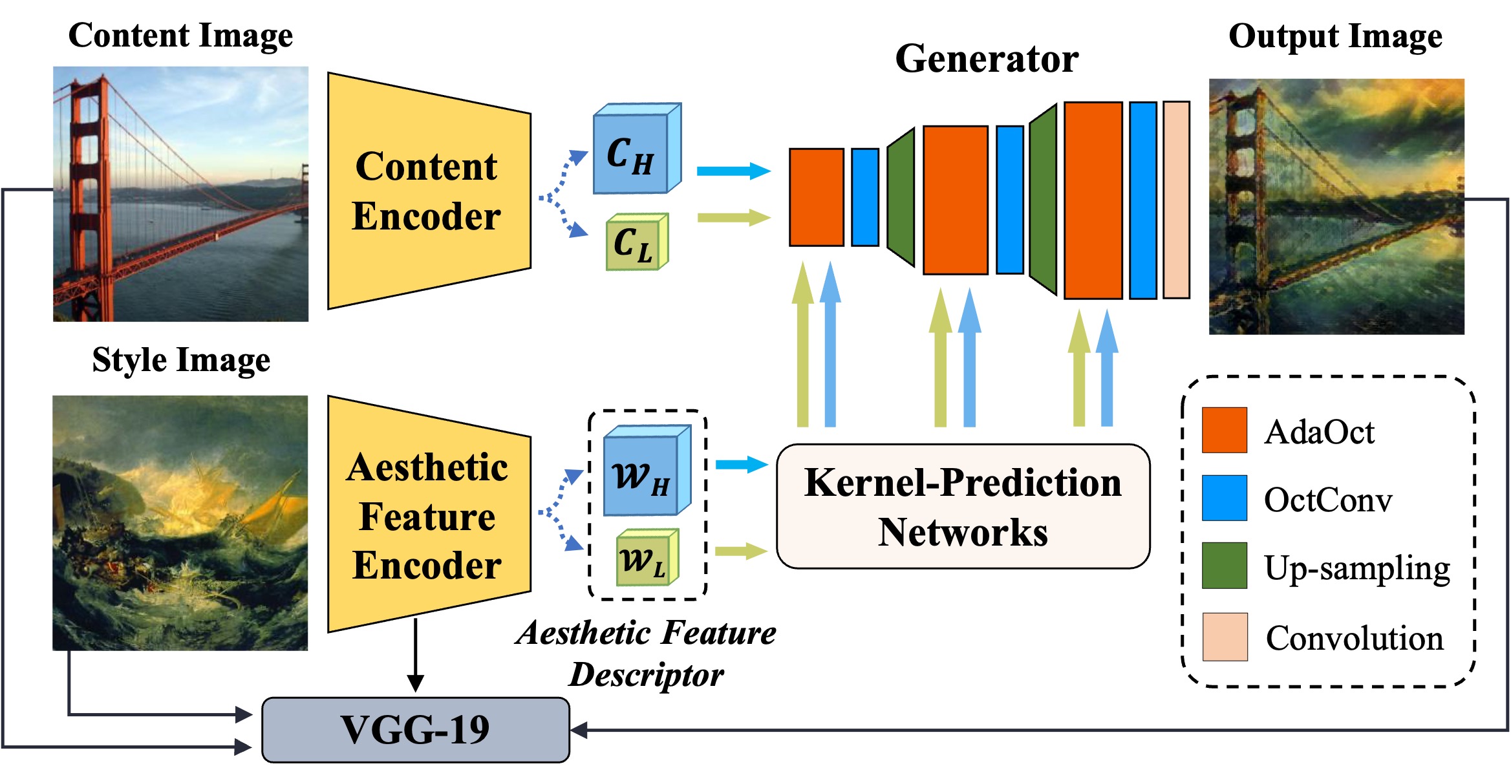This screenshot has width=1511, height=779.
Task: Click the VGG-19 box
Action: (415, 730)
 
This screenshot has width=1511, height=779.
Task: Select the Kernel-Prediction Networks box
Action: (963, 506)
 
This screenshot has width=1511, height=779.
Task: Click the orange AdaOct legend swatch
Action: (1224, 430)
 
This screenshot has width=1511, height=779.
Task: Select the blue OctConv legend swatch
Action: (1224, 498)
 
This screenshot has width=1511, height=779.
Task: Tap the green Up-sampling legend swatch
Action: (1224, 566)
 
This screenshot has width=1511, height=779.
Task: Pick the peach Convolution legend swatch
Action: (1224, 637)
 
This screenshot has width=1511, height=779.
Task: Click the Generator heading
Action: (987, 59)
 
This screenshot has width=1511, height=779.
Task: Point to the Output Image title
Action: (1335, 36)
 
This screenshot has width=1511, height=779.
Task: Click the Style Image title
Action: (181, 360)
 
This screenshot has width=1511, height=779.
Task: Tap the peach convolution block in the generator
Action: (1176, 199)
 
